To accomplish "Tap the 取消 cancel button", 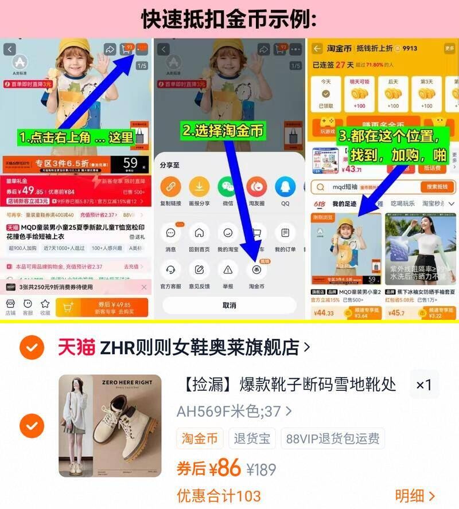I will click(229, 305).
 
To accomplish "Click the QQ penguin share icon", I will click(285, 186).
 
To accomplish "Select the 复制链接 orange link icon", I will click(170, 186).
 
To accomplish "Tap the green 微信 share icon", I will click(228, 186).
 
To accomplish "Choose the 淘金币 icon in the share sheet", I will click(256, 269).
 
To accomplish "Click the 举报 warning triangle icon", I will click(228, 269).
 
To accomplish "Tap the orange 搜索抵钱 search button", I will click(437, 187).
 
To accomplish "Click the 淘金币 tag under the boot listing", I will click(200, 439).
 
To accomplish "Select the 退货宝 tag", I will click(252, 439).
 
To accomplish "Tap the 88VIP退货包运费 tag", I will click(332, 439).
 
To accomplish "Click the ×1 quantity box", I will click(424, 385).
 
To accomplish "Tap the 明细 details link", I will click(415, 496).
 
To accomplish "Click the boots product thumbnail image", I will click(109, 425).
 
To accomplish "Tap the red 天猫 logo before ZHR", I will click(76, 346).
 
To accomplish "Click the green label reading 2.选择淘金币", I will click(222, 131).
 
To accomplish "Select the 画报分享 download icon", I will click(199, 186).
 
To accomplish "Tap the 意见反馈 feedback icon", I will click(199, 269).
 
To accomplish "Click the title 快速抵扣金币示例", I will click(229, 19).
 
